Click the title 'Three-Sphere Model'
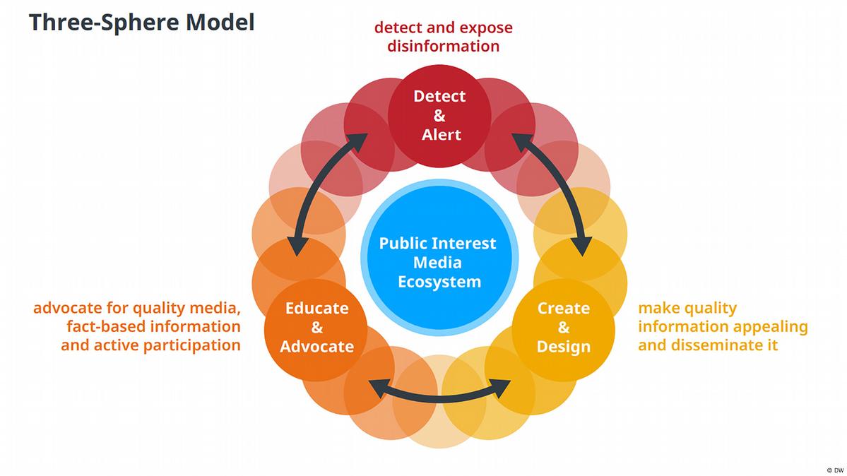[x=141, y=22]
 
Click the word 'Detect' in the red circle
[x=439, y=96]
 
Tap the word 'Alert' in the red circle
[x=441, y=134]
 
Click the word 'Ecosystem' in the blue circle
[x=439, y=282]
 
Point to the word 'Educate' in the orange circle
[x=316, y=308]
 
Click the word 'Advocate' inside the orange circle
[x=316, y=346]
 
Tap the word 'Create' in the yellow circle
[x=563, y=308]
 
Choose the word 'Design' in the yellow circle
[x=563, y=346]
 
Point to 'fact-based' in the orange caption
[x=105, y=327]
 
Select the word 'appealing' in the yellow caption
[x=771, y=327]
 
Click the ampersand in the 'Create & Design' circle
[x=563, y=327]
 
